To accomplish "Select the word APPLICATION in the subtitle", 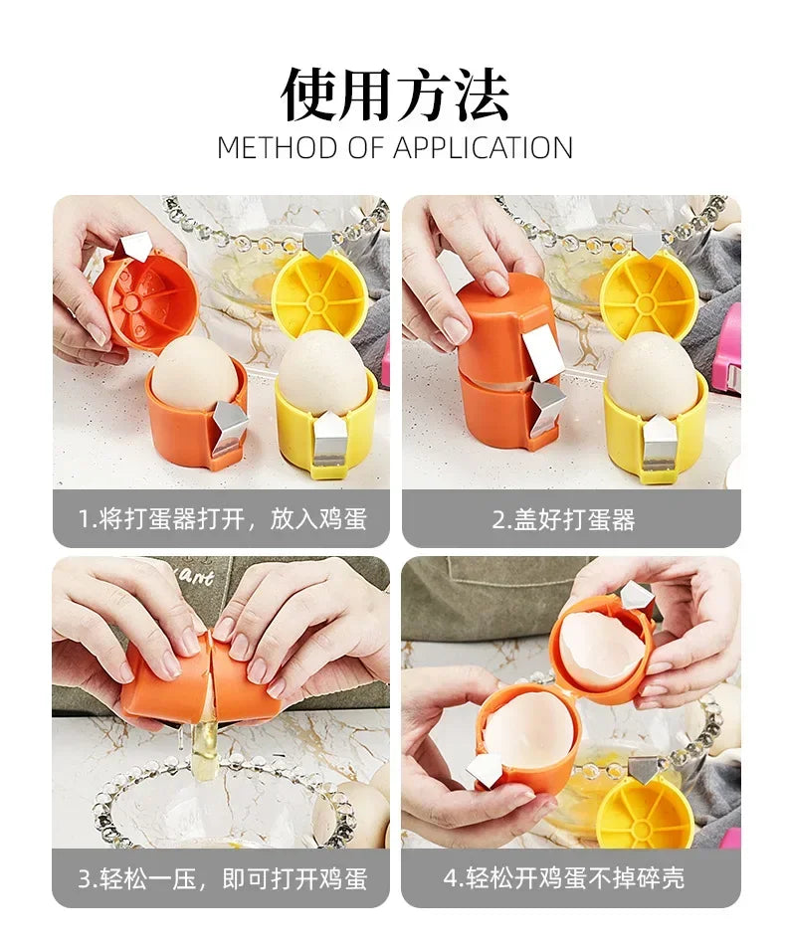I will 483,148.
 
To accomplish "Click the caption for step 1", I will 221,518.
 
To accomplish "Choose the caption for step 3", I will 221,877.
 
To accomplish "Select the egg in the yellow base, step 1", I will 320,376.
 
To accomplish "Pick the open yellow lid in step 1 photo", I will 319,290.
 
